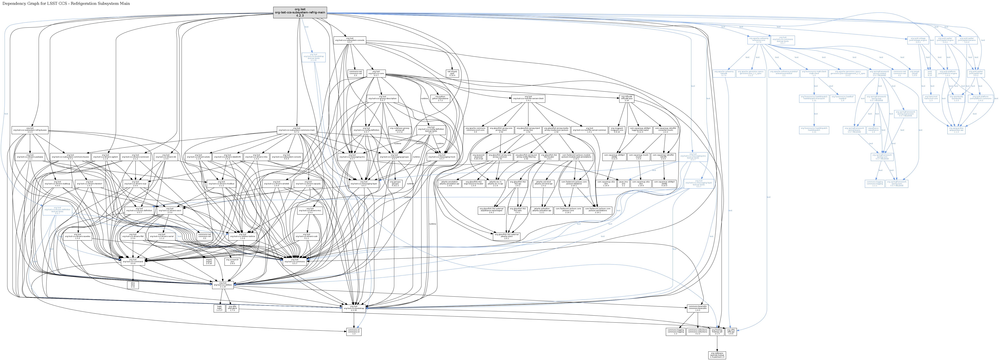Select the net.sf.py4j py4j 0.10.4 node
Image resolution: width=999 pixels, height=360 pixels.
(x=453, y=73)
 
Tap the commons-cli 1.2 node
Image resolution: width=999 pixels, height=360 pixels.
(x=354, y=332)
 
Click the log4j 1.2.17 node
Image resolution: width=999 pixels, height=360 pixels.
(x=219, y=308)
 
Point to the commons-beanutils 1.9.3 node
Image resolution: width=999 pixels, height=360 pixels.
(x=697, y=308)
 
